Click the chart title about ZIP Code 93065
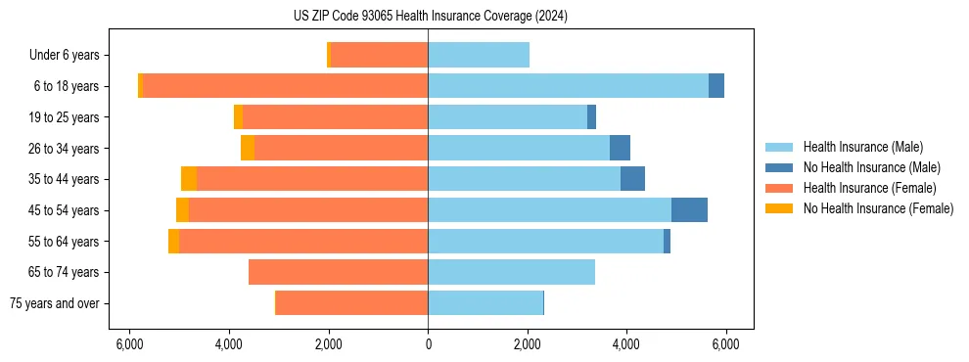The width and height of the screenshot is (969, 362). click(x=430, y=16)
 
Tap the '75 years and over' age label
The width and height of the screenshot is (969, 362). click(x=54, y=303)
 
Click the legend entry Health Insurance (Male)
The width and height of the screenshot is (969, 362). click(x=861, y=147)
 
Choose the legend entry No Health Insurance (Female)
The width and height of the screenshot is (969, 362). click(x=878, y=208)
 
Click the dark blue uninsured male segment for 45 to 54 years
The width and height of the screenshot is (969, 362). click(x=689, y=210)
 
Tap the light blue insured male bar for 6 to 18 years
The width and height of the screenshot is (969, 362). click(x=568, y=86)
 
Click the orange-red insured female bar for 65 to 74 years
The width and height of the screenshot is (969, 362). click(x=338, y=272)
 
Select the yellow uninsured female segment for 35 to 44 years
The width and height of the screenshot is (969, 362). click(x=189, y=179)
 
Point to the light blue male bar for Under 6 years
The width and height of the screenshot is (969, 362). click(x=479, y=55)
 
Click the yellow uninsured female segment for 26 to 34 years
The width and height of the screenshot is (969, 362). click(x=248, y=148)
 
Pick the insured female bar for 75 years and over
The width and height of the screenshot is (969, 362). click(x=352, y=303)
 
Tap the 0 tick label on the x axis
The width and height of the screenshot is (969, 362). click(x=428, y=344)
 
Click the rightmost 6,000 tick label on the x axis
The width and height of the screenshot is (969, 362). click(x=725, y=344)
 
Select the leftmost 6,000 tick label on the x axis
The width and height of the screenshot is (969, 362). click(x=129, y=344)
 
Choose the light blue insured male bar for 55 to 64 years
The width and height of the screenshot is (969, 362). click(x=545, y=241)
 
